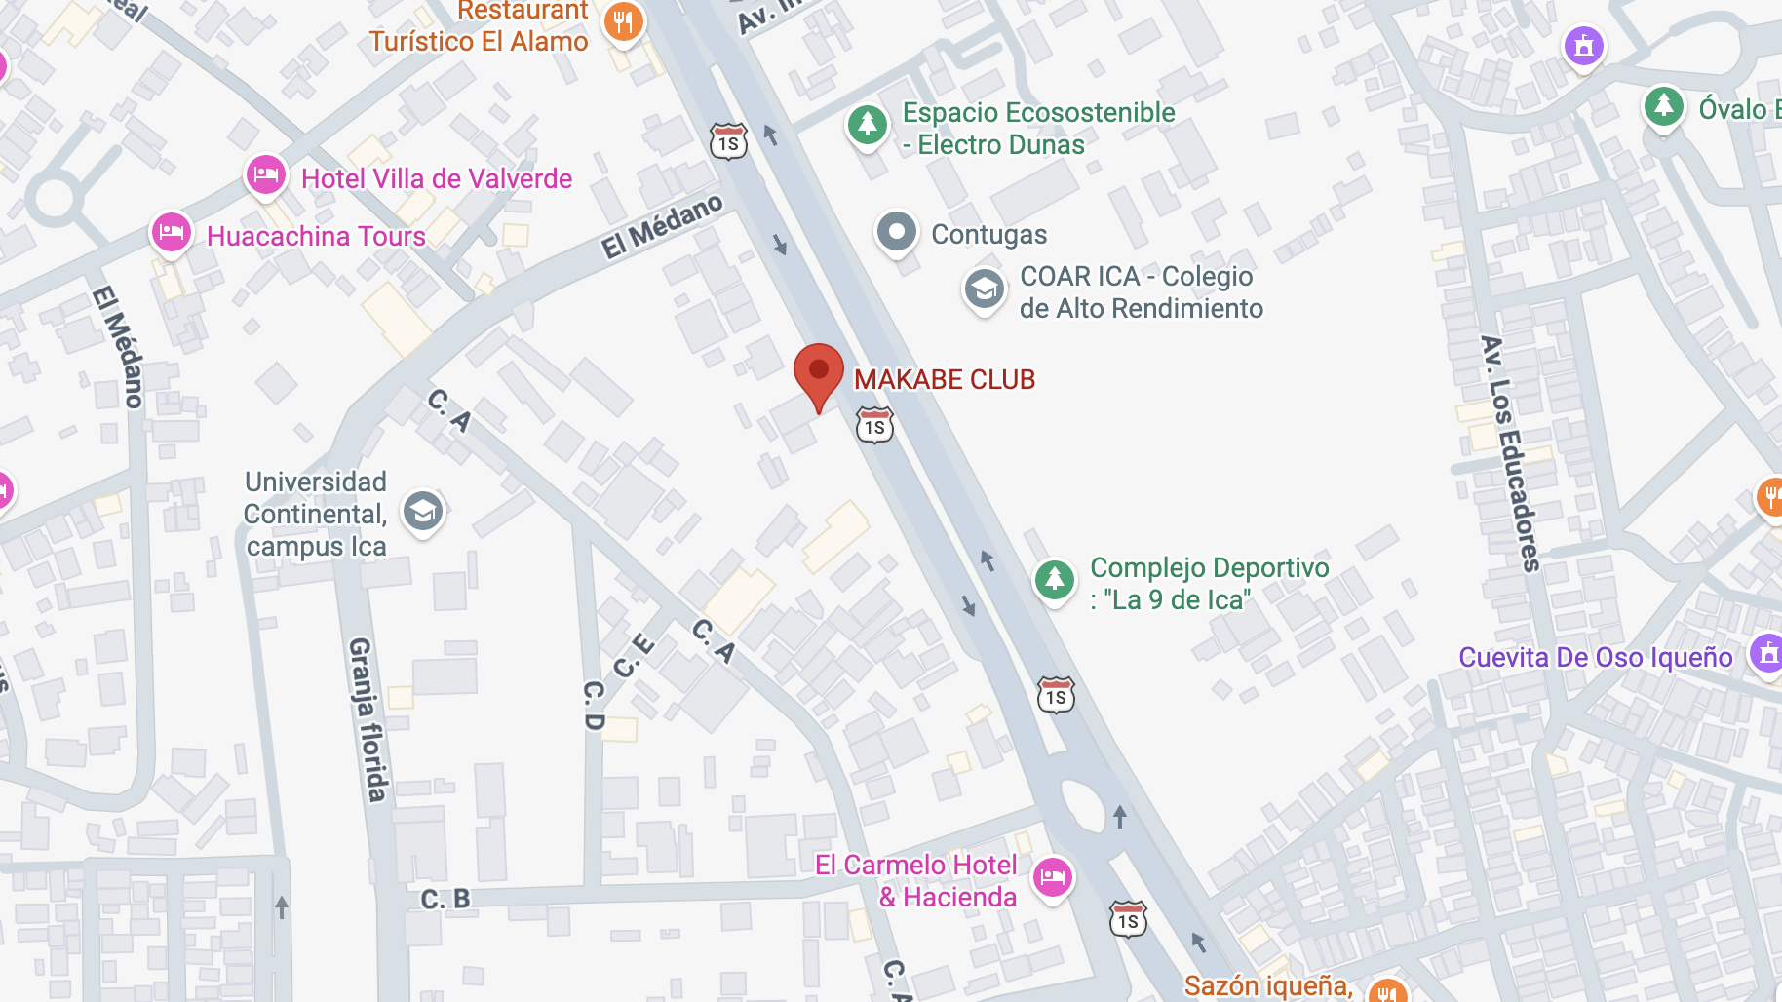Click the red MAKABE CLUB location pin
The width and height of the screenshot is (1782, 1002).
point(818,375)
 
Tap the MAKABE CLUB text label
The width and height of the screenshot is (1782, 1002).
point(944,379)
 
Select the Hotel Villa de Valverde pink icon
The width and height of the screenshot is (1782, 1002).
point(265,176)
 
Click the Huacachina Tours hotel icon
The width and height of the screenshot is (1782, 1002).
point(171,234)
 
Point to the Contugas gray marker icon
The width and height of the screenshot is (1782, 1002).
point(896,233)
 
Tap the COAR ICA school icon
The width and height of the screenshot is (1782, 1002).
point(984,289)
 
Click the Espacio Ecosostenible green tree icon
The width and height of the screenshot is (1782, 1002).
point(867,125)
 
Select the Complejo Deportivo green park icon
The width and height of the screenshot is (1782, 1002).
point(1054,580)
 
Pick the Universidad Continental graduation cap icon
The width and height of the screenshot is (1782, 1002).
point(423,510)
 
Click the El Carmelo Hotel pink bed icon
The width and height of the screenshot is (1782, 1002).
point(1052,877)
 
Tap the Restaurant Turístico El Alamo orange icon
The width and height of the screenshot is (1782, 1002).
point(623,21)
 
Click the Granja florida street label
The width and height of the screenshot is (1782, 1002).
point(368,719)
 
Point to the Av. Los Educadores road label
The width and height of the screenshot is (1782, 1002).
point(1511,453)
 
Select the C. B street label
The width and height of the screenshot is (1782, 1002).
point(445,899)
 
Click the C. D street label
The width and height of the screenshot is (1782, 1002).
point(594,706)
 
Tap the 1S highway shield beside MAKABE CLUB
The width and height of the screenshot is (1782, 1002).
point(874,426)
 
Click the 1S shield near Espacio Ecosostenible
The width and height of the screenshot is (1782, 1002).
point(728,142)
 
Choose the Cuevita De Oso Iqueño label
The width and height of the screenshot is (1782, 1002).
point(1595,657)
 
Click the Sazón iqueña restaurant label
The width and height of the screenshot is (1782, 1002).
point(1267,985)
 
